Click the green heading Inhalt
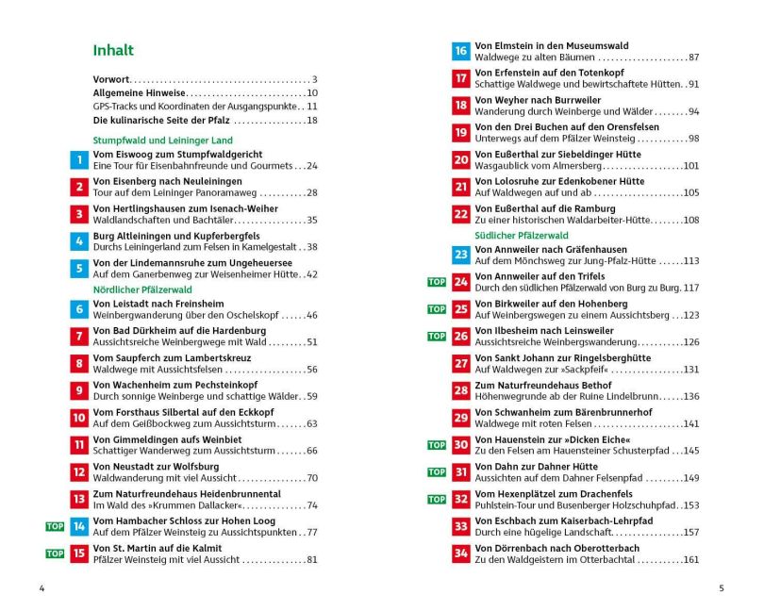[113, 51]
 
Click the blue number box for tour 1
[79, 160]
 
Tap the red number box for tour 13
[79, 499]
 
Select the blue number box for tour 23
[460, 255]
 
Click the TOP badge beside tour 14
[55, 526]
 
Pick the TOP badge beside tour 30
[437, 445]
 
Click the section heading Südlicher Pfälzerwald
[522, 235]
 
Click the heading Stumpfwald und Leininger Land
[162, 140]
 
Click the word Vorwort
[111, 79]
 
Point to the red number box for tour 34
[460, 553]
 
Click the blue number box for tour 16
[460, 52]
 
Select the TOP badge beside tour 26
[437, 336]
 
